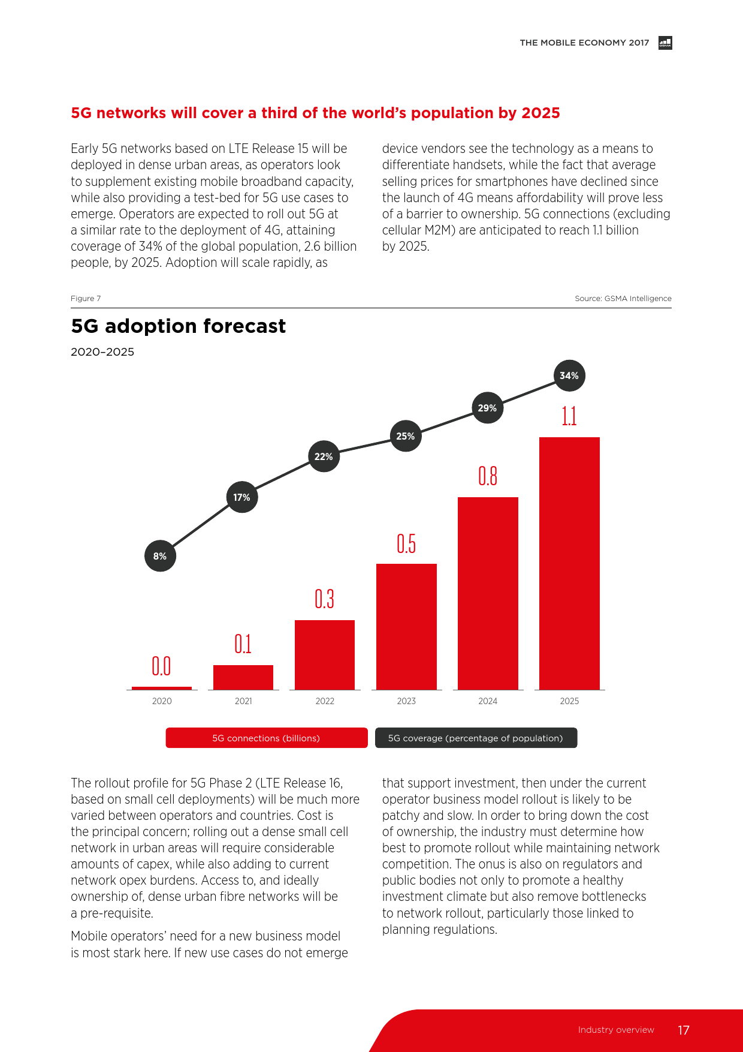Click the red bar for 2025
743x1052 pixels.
pyautogui.click(x=569, y=563)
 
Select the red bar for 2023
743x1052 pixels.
pyautogui.click(x=406, y=626)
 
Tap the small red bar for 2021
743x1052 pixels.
pyautogui.click(x=243, y=677)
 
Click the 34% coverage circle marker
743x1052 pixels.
pyautogui.click(x=569, y=376)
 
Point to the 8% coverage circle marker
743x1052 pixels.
pyautogui.click(x=160, y=556)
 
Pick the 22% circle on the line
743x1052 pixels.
pyautogui.click(x=324, y=456)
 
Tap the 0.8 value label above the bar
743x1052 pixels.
pyautogui.click(x=488, y=476)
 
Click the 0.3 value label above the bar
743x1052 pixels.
pyautogui.click(x=324, y=599)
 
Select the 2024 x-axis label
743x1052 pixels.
pyautogui.click(x=488, y=701)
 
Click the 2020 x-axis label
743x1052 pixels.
pyautogui.click(x=162, y=701)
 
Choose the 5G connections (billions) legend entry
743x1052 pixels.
pyautogui.click(x=267, y=738)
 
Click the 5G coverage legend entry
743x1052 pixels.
pyautogui.click(x=476, y=738)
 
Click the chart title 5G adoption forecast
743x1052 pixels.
pyautogui.click(x=178, y=326)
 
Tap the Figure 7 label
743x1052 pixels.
pyautogui.click(x=86, y=299)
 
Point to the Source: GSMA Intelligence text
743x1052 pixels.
pyautogui.click(x=623, y=299)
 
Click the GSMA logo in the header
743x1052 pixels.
pyautogui.click(x=665, y=43)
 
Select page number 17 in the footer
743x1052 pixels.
pyautogui.click(x=684, y=1030)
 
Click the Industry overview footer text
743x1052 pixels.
pyautogui.click(x=616, y=1030)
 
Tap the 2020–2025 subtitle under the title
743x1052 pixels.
pyautogui.click(x=102, y=352)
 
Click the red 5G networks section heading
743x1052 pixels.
pyautogui.click(x=315, y=113)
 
